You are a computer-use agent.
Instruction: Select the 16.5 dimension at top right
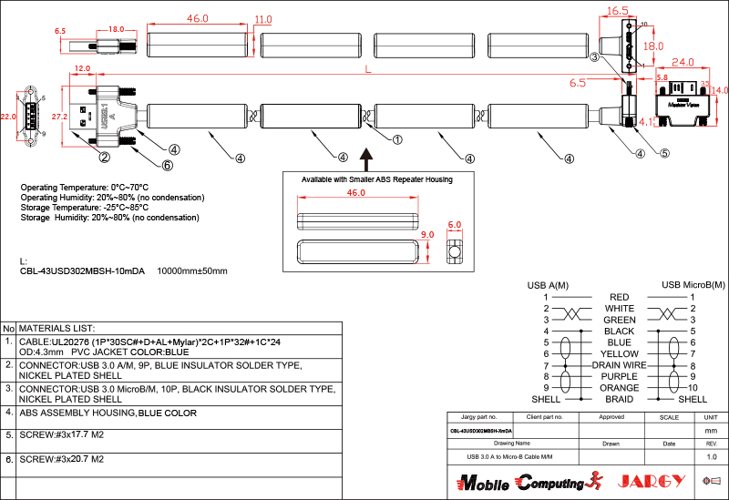(x=618, y=11)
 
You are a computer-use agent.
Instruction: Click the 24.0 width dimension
(x=683, y=63)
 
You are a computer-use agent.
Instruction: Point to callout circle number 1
(x=397, y=139)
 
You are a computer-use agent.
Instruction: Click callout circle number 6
(x=167, y=165)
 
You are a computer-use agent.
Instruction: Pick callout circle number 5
(x=664, y=153)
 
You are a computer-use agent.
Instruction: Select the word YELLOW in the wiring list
(x=620, y=353)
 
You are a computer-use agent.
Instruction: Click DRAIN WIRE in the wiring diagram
(x=620, y=364)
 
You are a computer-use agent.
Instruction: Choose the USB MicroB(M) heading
(x=693, y=285)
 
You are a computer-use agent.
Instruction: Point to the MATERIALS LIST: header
(x=57, y=328)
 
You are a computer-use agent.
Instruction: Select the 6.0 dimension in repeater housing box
(x=455, y=224)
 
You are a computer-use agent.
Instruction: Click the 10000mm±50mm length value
(x=192, y=270)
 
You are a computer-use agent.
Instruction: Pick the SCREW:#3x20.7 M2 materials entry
(x=61, y=460)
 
